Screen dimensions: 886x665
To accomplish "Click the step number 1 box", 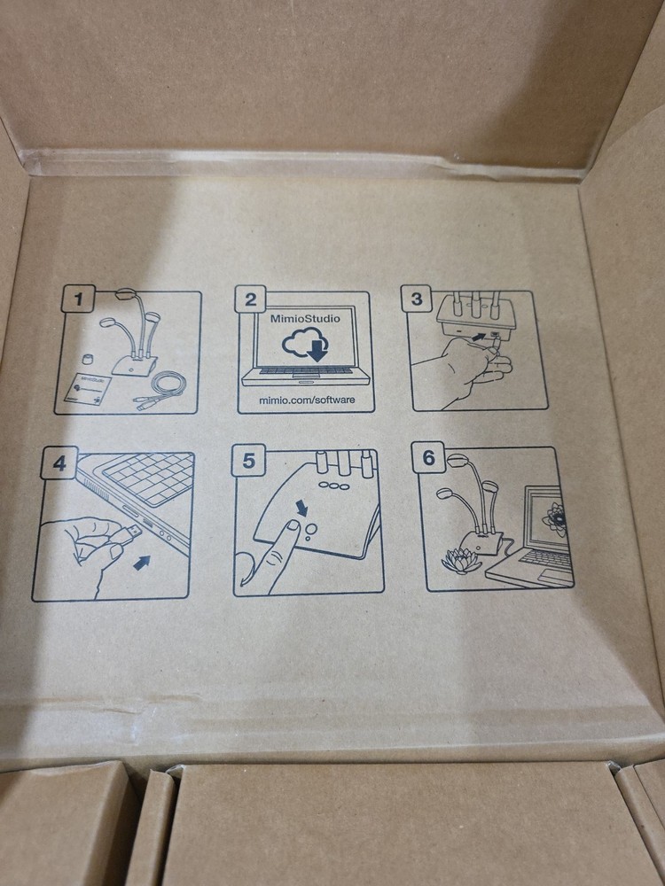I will [x=79, y=301].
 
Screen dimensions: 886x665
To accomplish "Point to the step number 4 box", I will [x=59, y=463].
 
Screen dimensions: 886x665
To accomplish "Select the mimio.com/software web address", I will [x=306, y=400].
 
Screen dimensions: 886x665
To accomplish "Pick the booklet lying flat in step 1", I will [x=90, y=391].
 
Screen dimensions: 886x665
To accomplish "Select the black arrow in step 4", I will [x=141, y=562].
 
